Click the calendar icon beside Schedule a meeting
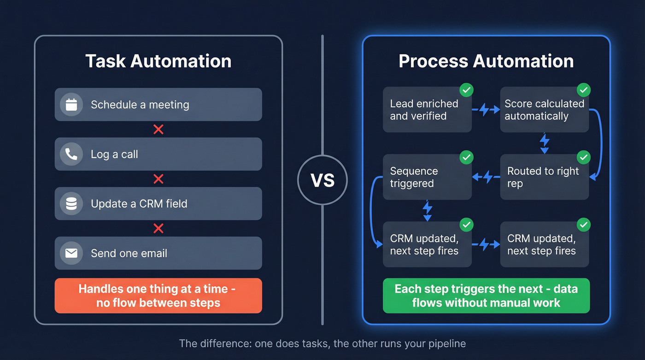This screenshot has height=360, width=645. pyautogui.click(x=71, y=105)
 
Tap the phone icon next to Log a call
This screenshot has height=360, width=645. pyautogui.click(x=71, y=154)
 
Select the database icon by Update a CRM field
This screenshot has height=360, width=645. pyautogui.click(x=71, y=204)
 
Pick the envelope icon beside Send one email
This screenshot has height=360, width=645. pyautogui.click(x=71, y=253)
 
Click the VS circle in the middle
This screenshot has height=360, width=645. pyautogui.click(x=322, y=180)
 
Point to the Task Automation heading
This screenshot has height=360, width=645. pyautogui.click(x=158, y=61)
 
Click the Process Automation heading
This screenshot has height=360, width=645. pyautogui.click(x=486, y=61)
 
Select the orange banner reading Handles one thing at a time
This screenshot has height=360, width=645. pyautogui.click(x=158, y=295)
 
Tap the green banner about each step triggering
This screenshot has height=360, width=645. pyautogui.click(x=486, y=295)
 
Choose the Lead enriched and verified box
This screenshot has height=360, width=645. pyautogui.click(x=427, y=110)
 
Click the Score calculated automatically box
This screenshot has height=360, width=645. pyautogui.click(x=544, y=110)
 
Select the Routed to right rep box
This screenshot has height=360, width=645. pyautogui.click(x=544, y=177)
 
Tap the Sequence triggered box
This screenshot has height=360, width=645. pyautogui.click(x=427, y=177)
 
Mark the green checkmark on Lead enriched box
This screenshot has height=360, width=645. pyautogui.click(x=467, y=90)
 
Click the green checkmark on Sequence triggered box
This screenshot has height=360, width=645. pyautogui.click(x=467, y=157)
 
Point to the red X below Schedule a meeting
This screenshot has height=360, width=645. pyautogui.click(x=158, y=130)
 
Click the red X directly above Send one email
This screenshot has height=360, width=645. pyautogui.click(x=158, y=228)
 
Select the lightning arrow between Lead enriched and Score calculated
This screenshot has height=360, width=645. pyautogui.click(x=486, y=110)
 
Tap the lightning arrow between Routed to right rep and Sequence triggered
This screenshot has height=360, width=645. pyautogui.click(x=486, y=176)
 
